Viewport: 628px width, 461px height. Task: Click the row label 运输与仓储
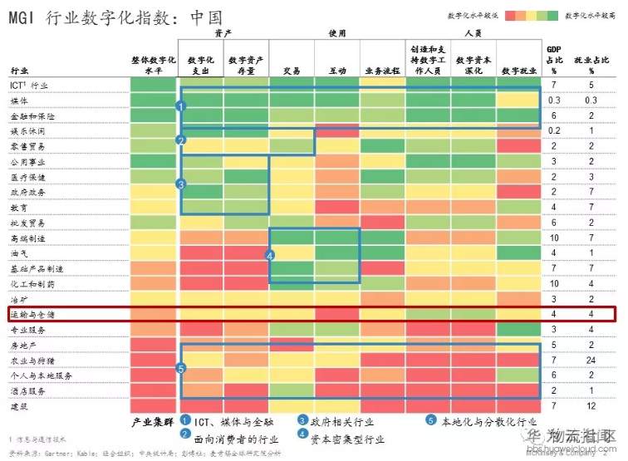(32, 315)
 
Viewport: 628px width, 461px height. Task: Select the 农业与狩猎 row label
(32, 360)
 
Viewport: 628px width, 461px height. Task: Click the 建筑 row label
(19, 406)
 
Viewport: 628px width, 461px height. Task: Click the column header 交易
(292, 71)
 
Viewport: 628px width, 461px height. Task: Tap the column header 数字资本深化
(474, 66)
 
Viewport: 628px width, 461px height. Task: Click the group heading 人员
(474, 33)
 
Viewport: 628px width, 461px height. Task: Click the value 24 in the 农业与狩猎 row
(591, 360)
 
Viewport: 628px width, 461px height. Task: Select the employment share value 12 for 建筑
(591, 406)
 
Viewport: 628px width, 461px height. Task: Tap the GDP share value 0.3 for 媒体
(555, 101)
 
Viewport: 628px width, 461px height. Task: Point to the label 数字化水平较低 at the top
(471, 14)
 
